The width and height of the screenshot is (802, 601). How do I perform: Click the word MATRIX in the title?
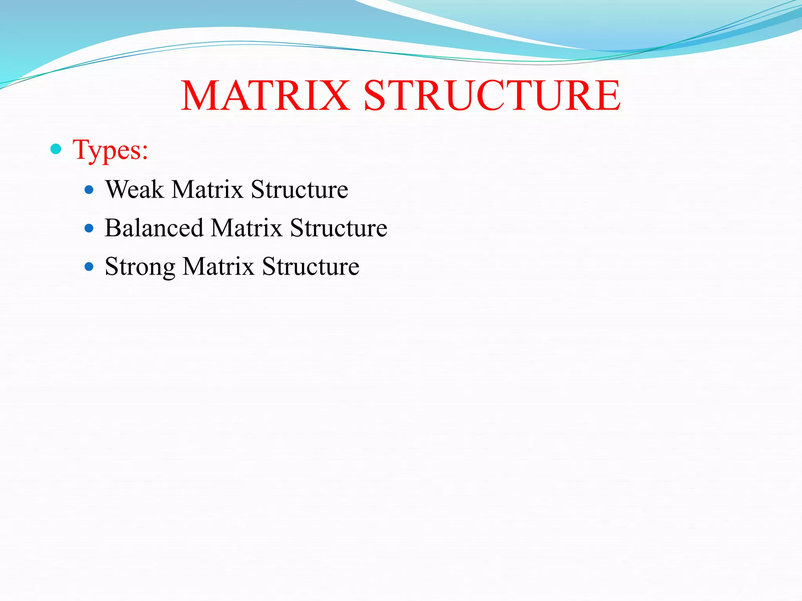pos(265,96)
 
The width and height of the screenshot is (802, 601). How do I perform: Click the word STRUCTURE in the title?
pos(492,96)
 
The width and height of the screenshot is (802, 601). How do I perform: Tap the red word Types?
pos(110,150)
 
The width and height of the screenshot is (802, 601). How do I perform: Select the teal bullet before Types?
pos(56,149)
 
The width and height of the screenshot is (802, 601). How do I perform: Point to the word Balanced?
pos(154,228)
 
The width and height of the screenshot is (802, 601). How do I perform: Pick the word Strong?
pos(140,267)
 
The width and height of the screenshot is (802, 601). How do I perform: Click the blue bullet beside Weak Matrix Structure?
pos(89,190)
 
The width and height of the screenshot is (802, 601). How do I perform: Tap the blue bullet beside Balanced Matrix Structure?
pos(89,229)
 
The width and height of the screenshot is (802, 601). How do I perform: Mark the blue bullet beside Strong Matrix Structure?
pos(89,267)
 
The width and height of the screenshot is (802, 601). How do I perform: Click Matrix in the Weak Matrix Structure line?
pos(208,189)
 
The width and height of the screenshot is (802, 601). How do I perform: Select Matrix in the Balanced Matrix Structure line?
pos(246,228)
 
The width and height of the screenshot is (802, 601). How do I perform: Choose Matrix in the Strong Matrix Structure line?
pos(219,266)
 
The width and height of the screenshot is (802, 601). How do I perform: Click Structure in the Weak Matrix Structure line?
pos(299,189)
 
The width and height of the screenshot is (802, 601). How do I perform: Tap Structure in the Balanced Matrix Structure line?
pos(338,228)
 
